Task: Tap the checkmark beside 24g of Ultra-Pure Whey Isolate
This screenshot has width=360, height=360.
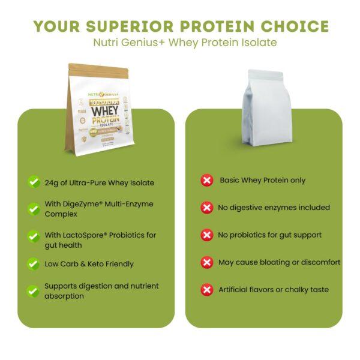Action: (34, 182)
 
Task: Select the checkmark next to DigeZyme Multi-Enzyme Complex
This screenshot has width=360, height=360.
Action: (34, 209)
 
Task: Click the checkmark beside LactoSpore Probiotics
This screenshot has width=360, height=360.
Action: (34, 236)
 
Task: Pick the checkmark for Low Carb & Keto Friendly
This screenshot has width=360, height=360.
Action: (34, 263)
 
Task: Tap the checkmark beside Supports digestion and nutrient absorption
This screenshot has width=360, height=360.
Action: (34, 291)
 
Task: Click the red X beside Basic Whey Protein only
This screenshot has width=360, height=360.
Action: (207, 181)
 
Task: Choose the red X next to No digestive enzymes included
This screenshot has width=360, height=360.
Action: (207, 208)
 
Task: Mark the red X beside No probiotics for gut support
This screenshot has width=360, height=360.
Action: (207, 235)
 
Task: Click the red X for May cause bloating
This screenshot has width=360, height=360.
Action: (207, 262)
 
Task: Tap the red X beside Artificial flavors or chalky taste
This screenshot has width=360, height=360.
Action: (207, 290)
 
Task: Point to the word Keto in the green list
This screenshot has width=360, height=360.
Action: (95, 263)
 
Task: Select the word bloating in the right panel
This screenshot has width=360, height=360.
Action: (274, 262)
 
